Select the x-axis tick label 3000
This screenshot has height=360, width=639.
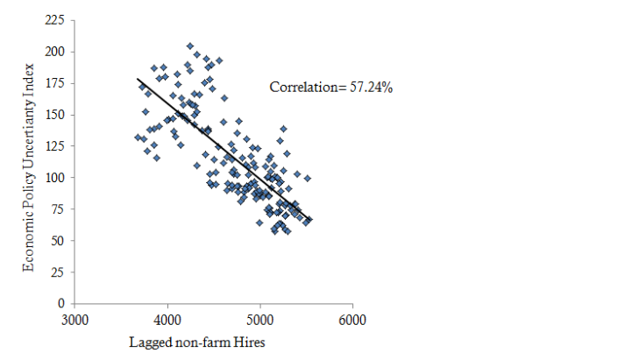pyautogui.click(x=75, y=320)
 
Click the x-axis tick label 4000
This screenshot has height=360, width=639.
pyautogui.click(x=168, y=320)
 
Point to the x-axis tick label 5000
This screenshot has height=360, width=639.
pyautogui.click(x=260, y=320)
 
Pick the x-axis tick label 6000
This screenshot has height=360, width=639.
pyautogui.click(x=352, y=320)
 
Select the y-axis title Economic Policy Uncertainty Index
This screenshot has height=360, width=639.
pyautogui.click(x=30, y=166)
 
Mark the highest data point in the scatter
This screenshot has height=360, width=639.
pyautogui.click(x=190, y=46)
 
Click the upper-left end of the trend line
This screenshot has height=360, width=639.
pyautogui.click(x=138, y=79)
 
